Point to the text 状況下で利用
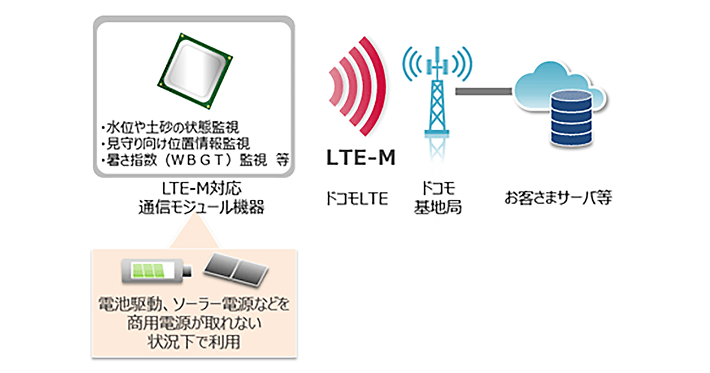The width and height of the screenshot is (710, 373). tap(194, 342)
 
